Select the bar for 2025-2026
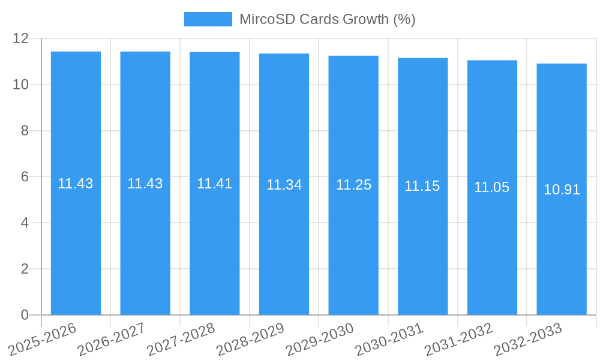point(76,240)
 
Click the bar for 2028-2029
point(284,240)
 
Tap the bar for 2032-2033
point(562,240)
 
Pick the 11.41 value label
point(214,184)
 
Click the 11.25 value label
point(353,185)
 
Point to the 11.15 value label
point(422,186)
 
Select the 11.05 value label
point(491,187)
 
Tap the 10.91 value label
point(562,190)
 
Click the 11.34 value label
point(284,185)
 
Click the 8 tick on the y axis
point(25,131)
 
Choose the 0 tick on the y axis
point(25,315)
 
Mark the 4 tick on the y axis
point(25,223)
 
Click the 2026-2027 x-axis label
point(112,340)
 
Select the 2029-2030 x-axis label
point(319,340)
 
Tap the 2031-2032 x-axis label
point(458,340)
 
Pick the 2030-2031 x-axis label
point(389,340)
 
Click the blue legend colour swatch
point(208,19)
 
